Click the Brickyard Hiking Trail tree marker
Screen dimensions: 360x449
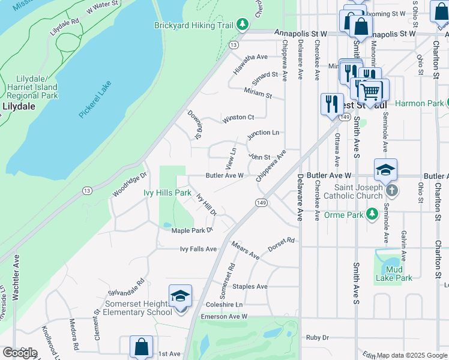[242, 24]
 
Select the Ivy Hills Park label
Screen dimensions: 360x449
[167, 193]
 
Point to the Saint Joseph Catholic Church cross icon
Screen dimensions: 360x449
[391, 190]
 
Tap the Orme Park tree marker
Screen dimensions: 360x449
[372, 214]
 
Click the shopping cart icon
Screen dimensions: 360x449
[370, 92]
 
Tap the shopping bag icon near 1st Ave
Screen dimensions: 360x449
[141, 347]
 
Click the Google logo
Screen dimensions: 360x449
[20, 353]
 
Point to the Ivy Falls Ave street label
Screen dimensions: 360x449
[198, 249]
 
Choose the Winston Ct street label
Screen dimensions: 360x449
[238, 118]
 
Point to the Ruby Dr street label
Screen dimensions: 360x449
[318, 338]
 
